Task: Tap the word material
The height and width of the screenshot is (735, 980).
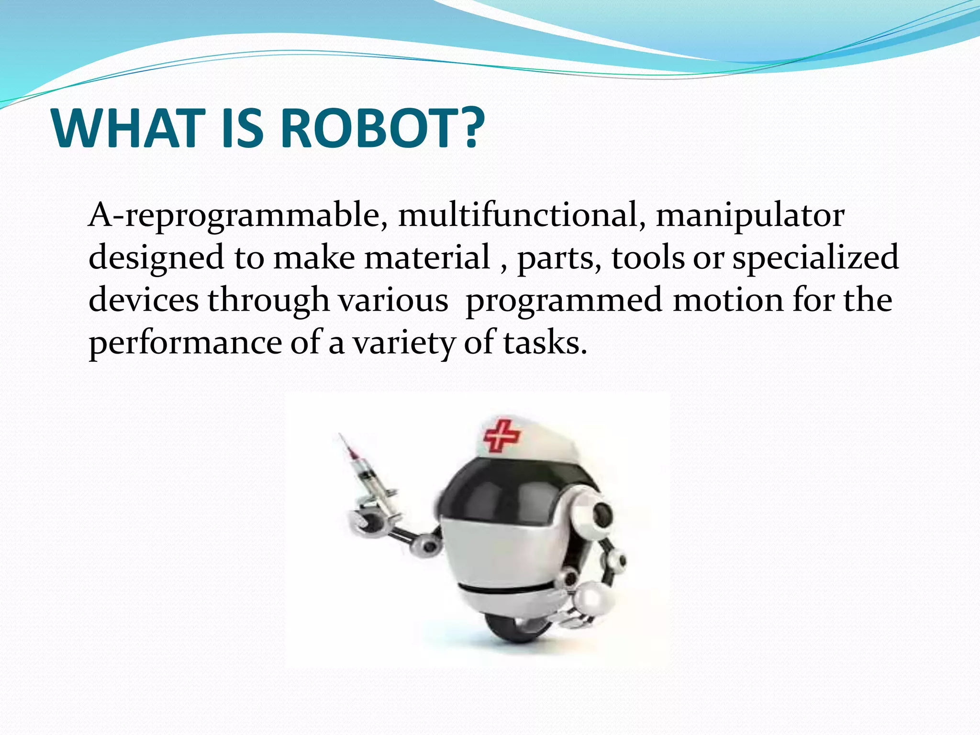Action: click(x=427, y=257)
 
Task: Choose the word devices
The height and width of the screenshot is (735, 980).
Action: click(x=144, y=300)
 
